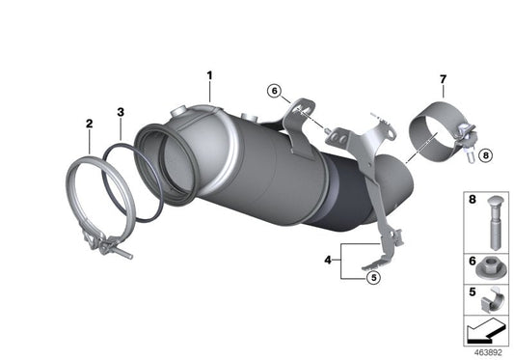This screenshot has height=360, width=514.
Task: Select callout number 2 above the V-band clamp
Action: [89, 124]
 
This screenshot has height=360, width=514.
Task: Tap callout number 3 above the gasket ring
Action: [120, 112]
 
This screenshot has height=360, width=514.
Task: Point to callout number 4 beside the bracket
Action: [329, 260]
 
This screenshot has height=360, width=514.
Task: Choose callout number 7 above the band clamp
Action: [443, 77]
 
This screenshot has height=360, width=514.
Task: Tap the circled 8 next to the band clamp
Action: [484, 152]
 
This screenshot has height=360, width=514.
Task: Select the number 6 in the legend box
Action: [472, 261]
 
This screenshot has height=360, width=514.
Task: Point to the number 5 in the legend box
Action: [472, 290]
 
